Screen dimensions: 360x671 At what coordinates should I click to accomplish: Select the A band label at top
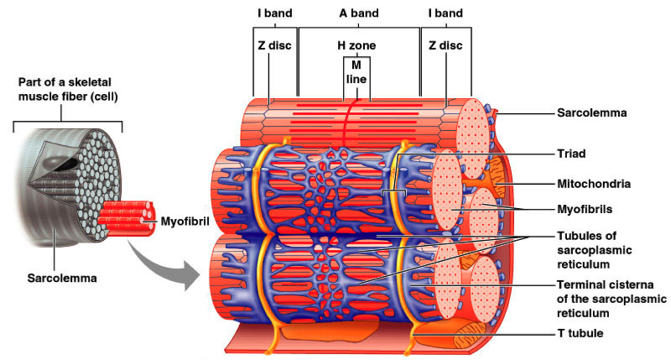[358, 13]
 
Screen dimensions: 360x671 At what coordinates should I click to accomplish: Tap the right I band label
[445, 13]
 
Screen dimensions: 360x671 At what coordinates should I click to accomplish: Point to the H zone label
[358, 44]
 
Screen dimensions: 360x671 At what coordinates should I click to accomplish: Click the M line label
[358, 71]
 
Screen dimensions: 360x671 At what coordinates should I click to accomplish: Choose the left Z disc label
[273, 44]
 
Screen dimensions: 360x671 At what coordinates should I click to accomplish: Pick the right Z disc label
[445, 44]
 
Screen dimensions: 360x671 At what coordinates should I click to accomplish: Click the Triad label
[570, 154]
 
